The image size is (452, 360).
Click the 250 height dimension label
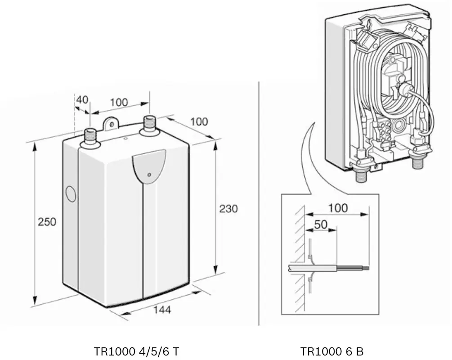tap(47, 222)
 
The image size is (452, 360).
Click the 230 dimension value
tap(228, 208)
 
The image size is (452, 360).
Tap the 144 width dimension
tap(162, 310)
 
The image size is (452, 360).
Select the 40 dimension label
tap(82, 100)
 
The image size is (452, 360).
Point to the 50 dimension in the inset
tap(321, 224)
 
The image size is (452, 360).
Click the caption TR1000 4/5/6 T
tap(136, 351)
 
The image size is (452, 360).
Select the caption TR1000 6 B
tap(332, 351)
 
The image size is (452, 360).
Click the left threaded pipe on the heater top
tap(90, 139)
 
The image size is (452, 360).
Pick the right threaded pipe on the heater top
tap(149, 126)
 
